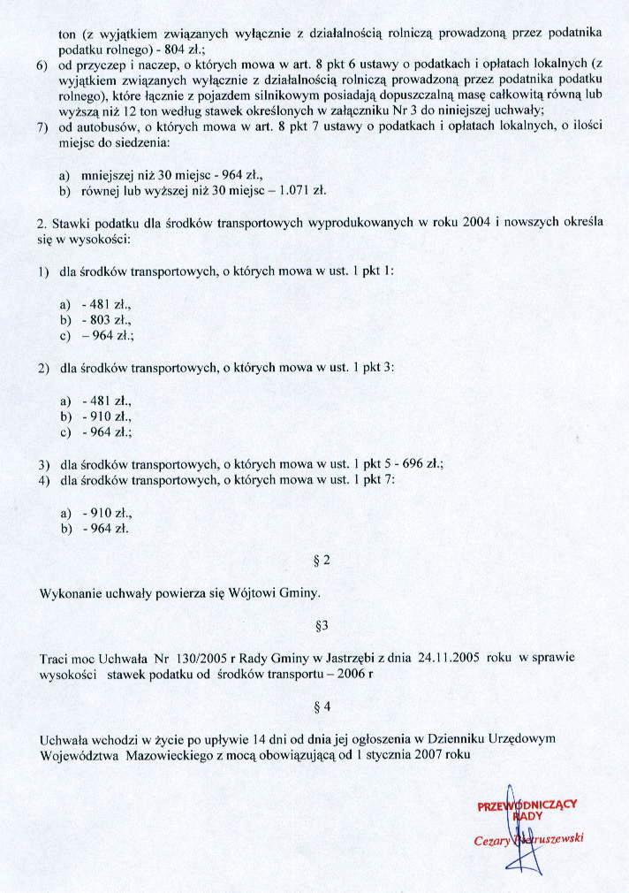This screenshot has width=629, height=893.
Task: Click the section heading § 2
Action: tap(322, 560)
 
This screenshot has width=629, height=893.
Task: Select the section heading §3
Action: tap(322, 626)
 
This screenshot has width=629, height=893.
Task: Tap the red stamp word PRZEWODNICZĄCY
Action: tap(527, 805)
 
